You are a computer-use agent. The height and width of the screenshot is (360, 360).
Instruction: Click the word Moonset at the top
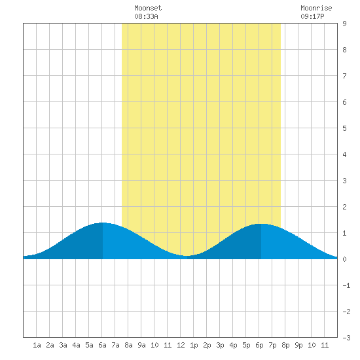tap(148, 8)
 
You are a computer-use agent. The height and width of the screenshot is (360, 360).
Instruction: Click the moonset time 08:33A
tap(146, 16)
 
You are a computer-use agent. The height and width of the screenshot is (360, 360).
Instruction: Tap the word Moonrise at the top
tap(316, 8)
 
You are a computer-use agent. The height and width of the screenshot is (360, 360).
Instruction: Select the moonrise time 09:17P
tap(312, 16)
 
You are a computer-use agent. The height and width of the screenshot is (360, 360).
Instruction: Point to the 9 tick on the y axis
tap(344, 24)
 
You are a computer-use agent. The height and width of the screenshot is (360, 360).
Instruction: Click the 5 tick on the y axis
tap(344, 128)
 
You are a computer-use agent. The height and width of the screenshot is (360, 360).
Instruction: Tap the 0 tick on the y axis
tap(344, 259)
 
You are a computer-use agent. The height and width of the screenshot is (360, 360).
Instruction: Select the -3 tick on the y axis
tap(346, 338)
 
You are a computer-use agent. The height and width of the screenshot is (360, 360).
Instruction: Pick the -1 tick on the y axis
tap(346, 285)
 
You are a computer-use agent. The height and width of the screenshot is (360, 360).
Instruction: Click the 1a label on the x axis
tap(37, 345)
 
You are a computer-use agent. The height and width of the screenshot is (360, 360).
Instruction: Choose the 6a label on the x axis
tap(102, 345)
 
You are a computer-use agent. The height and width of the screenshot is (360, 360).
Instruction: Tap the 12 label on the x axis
tap(181, 345)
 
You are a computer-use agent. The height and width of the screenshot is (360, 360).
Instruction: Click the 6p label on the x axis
tap(259, 345)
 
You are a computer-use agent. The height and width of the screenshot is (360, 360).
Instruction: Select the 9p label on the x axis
tap(298, 345)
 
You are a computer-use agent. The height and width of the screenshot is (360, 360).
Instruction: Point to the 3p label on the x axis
tap(220, 345)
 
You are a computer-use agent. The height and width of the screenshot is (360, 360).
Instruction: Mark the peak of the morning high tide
tap(102, 223)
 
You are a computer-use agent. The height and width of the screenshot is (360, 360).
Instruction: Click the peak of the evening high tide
tap(261, 224)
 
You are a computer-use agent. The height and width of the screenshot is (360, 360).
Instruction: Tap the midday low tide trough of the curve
tap(187, 256)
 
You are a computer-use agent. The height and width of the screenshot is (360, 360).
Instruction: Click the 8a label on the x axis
tap(128, 345)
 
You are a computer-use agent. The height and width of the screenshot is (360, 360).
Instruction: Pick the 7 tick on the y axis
tap(344, 76)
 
